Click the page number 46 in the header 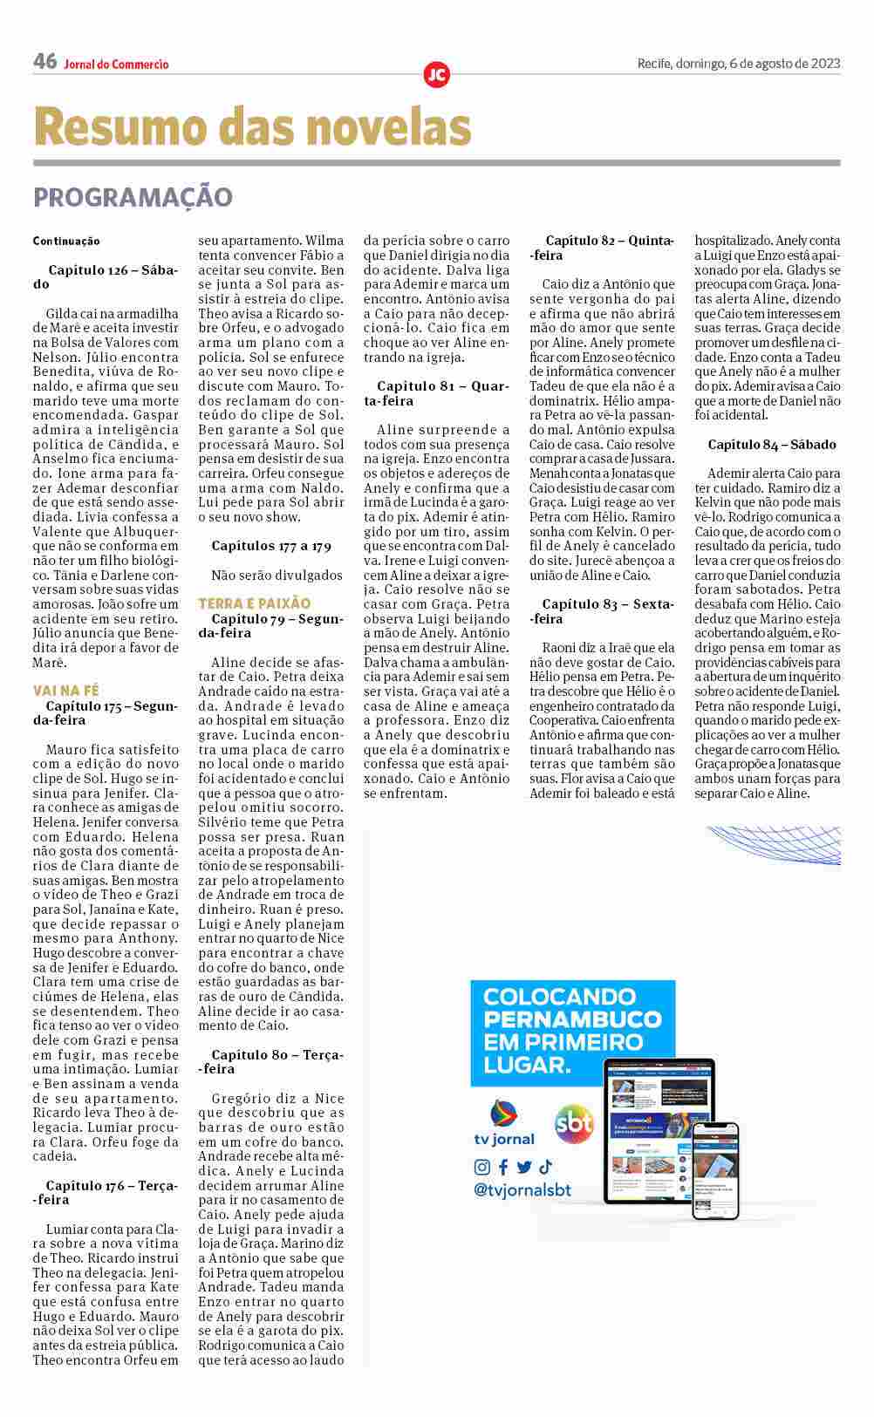[x=44, y=61]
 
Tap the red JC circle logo [x=436, y=75]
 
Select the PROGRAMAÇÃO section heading [x=133, y=197]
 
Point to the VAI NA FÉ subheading [x=66, y=691]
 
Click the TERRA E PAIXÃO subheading [x=254, y=603]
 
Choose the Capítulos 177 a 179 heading [x=271, y=546]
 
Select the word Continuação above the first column [x=66, y=241]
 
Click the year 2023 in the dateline [x=825, y=63]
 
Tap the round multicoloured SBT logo [x=574, y=1123]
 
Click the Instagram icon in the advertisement [x=481, y=1167]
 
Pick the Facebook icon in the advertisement [x=503, y=1167]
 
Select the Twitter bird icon [x=524, y=1167]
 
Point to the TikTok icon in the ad [x=545, y=1167]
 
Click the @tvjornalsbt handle [x=522, y=1190]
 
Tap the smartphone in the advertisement [x=715, y=1169]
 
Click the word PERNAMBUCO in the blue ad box [x=572, y=1019]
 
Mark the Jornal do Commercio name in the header [x=116, y=64]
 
